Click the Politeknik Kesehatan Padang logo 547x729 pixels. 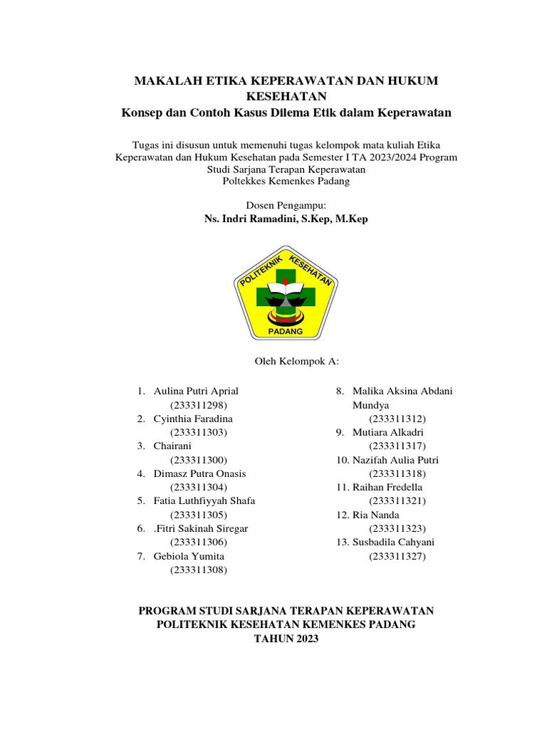point(286,294)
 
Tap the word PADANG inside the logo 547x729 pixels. point(285,332)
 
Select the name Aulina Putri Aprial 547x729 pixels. point(196,391)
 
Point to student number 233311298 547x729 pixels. point(198,404)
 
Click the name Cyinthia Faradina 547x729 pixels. point(193,419)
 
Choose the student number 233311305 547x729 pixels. point(198,514)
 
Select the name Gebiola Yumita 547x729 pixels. point(189,555)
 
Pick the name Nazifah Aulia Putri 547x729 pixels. point(395,460)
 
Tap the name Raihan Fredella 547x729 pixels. point(387,487)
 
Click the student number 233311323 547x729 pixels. point(397,528)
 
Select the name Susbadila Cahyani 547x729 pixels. point(393,542)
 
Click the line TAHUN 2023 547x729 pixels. point(286,639)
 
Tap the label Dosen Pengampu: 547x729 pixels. point(286,205)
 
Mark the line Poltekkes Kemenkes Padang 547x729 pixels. point(286,181)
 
